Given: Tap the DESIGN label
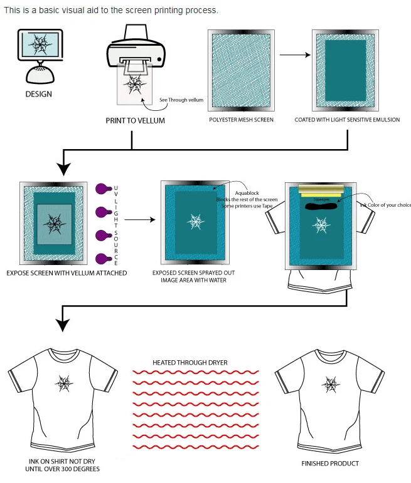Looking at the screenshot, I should pyautogui.click(x=39, y=95).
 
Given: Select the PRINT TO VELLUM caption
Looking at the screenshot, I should pyautogui.click(x=135, y=120).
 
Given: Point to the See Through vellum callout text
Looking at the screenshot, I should pyautogui.click(x=182, y=100).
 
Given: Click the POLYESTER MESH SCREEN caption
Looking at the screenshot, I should pyautogui.click(x=242, y=120).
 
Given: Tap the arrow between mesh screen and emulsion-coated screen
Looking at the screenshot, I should pyautogui.click(x=295, y=55).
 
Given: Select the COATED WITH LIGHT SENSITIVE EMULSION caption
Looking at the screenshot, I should pyautogui.click(x=347, y=120).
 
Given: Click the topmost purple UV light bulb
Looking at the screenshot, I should pyautogui.click(x=102, y=188).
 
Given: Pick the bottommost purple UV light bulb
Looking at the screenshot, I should pyautogui.click(x=102, y=258).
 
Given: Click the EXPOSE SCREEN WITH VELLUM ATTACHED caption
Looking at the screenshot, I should pyautogui.click(x=67, y=273).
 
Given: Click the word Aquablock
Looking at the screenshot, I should pyautogui.click(x=247, y=193).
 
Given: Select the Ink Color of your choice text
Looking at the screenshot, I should pyautogui.click(x=385, y=204).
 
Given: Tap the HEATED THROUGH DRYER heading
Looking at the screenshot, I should pyautogui.click(x=190, y=363).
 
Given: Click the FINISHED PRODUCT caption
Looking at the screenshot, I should pyautogui.click(x=330, y=464).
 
